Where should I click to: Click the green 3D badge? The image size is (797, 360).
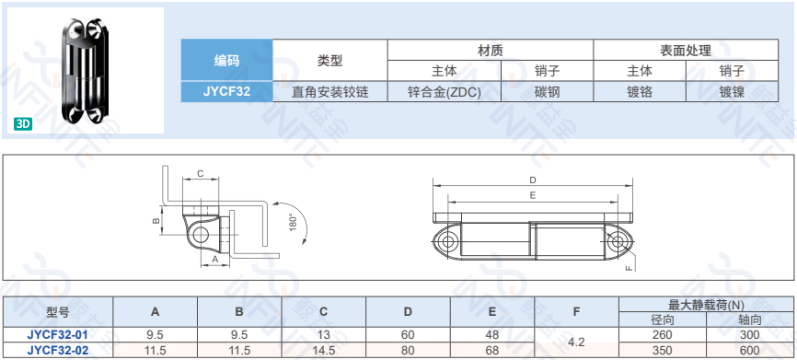click(x=23, y=124)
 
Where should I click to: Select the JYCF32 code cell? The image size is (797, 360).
click(x=226, y=91)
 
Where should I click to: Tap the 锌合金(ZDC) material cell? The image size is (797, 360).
click(x=445, y=91)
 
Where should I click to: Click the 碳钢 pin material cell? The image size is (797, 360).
click(x=547, y=91)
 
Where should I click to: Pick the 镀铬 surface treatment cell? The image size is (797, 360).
click(x=640, y=91)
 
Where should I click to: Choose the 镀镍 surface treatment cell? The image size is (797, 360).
click(x=732, y=91)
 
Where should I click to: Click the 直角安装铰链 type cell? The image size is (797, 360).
click(x=329, y=91)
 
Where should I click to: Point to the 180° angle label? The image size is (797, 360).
click(x=293, y=223)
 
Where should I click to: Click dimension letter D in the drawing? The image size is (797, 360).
click(x=532, y=180)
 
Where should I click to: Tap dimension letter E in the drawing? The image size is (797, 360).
click(x=532, y=195)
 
